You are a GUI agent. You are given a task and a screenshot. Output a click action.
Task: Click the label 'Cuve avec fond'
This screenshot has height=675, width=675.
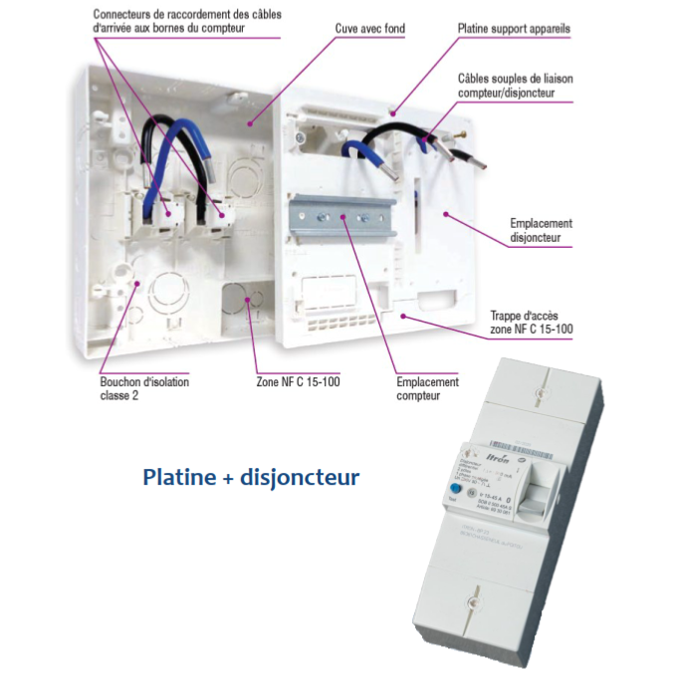tap(368, 29)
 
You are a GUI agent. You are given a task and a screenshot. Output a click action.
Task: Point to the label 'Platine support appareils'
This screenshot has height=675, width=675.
tap(514, 29)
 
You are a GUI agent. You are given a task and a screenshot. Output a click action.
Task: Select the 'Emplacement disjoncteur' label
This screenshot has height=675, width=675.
tap(540, 231)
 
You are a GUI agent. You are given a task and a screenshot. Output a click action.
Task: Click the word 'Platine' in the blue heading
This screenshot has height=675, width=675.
tap(178, 477)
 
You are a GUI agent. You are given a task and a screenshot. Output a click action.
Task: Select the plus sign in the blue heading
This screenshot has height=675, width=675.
tap(228, 478)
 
